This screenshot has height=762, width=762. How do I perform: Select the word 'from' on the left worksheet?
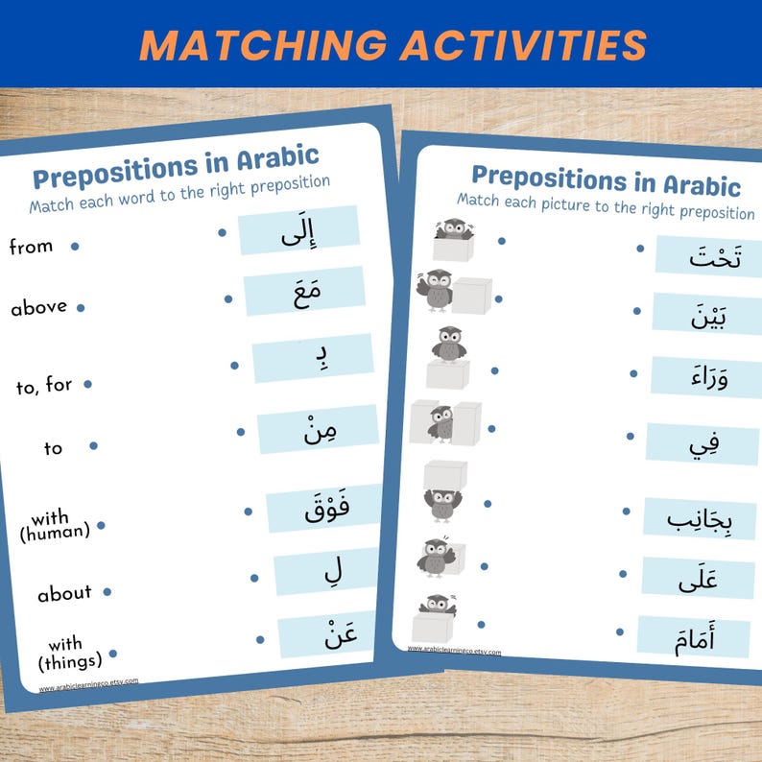click(x=31, y=247)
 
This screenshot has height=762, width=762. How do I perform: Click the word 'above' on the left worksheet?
click(x=38, y=308)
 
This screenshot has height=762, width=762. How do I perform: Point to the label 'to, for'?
click(x=44, y=387)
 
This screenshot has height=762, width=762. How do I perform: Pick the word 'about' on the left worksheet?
click(x=64, y=594)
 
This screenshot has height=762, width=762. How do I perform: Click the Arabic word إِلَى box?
click(x=298, y=231)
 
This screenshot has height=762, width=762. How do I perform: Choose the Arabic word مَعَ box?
click(x=304, y=292)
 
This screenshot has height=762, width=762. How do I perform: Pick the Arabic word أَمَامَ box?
click(x=694, y=635)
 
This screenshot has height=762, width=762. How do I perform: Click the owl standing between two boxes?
click(x=442, y=421)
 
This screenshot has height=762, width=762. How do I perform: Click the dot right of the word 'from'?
click(x=75, y=247)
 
